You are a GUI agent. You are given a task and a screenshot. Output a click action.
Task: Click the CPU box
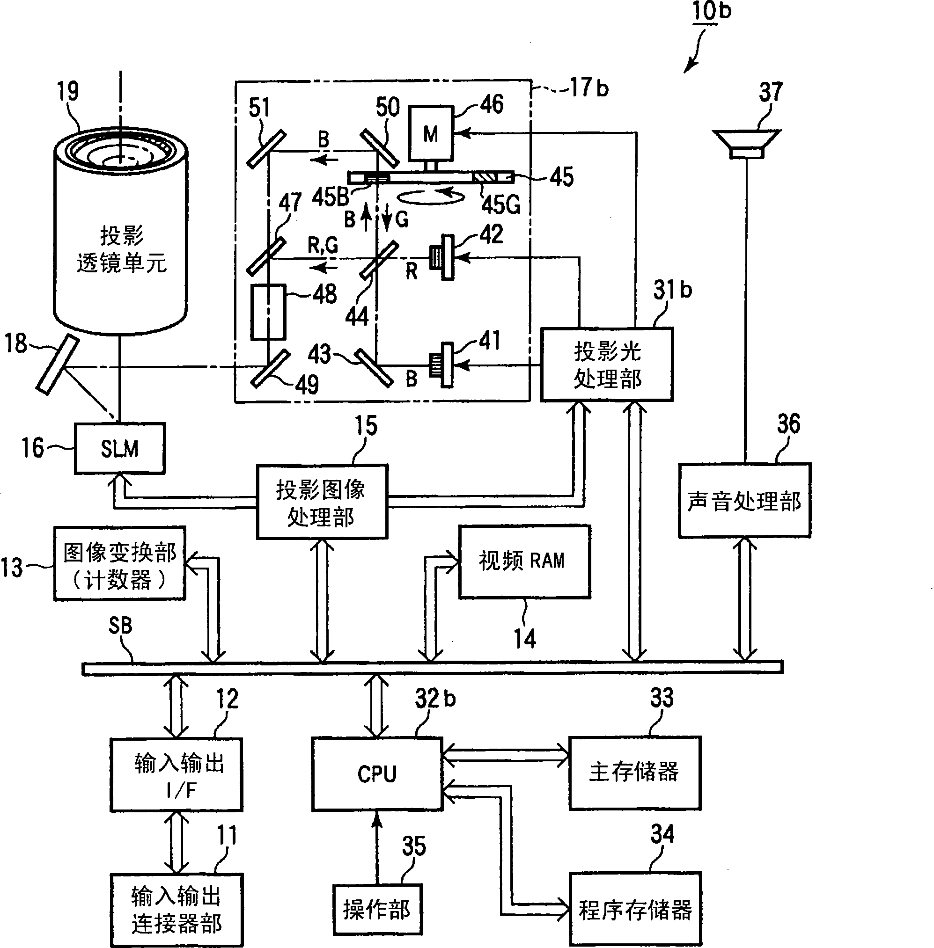coord(377,773)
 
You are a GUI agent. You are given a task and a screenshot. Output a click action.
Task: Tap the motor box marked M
coord(430,133)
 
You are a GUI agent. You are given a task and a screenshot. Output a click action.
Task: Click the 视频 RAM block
coord(524,561)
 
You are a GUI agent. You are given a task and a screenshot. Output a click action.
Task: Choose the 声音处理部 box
coord(744,501)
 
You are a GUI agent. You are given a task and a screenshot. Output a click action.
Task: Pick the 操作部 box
coord(377,910)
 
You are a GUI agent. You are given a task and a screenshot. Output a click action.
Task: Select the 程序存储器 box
coord(635,908)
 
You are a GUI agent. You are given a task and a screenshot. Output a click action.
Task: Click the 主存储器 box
coord(634,772)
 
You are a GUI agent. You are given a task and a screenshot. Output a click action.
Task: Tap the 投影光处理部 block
coord(606,365)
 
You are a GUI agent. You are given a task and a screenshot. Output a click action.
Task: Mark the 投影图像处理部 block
coord(322,502)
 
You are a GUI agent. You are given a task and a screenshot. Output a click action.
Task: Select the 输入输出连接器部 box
coord(176,910)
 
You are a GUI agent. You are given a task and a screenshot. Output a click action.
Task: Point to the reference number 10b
coord(711,11)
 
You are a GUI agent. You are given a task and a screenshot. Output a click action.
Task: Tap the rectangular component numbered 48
coord(268,312)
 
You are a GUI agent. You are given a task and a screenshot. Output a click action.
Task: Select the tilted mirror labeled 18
coord(58,364)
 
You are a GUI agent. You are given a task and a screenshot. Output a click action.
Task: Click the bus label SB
coord(120,626)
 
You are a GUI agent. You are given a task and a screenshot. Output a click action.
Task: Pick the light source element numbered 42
coord(443,257)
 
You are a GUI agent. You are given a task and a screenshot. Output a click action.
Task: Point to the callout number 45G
coord(500,204)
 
